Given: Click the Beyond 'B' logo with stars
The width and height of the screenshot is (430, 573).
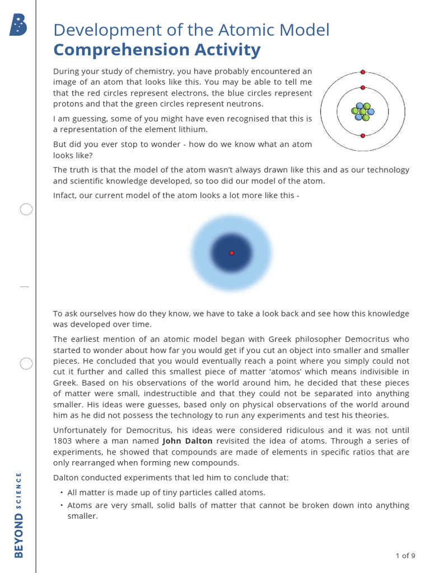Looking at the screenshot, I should (x=18, y=25).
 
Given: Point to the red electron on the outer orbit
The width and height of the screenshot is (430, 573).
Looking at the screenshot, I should (x=363, y=72).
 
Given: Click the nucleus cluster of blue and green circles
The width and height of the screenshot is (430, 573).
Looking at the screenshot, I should (x=363, y=111).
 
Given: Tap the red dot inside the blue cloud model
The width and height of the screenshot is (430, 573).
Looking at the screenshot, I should (x=232, y=253).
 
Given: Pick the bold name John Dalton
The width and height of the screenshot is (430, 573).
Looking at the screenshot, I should (x=188, y=441).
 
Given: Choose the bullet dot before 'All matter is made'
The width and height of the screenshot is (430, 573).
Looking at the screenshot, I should (x=61, y=492).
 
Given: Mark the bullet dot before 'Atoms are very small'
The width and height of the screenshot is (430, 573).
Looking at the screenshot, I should (x=61, y=505).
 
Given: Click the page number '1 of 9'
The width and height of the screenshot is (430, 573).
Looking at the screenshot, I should (x=405, y=556).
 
